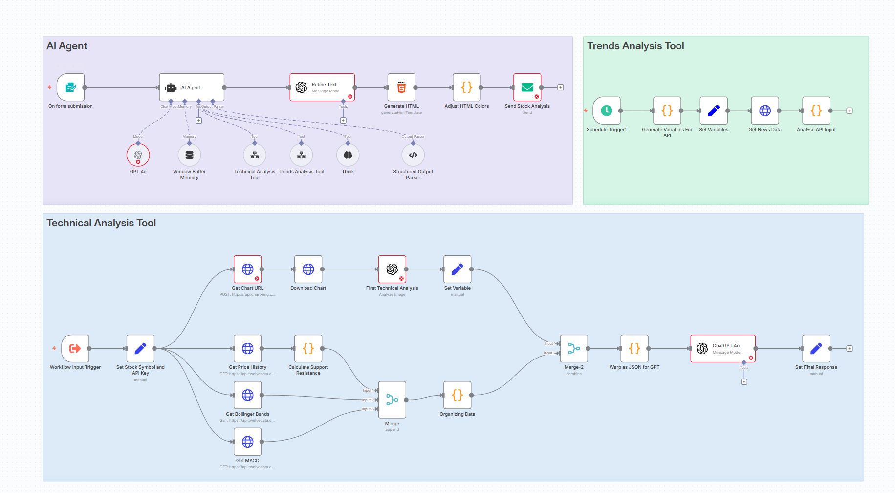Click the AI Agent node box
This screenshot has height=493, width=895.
pyautogui.click(x=192, y=88)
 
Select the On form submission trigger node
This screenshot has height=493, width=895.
pyautogui.click(x=71, y=88)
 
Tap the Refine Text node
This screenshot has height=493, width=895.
pyautogui.click(x=322, y=88)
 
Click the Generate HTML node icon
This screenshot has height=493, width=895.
pyautogui.click(x=401, y=88)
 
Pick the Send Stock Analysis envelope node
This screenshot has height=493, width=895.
pyautogui.click(x=527, y=88)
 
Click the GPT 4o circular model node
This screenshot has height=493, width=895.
pyautogui.click(x=138, y=155)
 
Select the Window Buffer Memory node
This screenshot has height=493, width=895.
pyautogui.click(x=189, y=155)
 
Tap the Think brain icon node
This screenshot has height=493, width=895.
pyautogui.click(x=348, y=155)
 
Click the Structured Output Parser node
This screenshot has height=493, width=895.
pyautogui.click(x=413, y=155)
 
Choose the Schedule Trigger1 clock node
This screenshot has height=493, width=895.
pyautogui.click(x=606, y=111)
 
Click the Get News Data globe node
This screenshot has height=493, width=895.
pyautogui.click(x=765, y=111)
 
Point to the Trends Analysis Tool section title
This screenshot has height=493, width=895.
pyautogui.click(x=635, y=46)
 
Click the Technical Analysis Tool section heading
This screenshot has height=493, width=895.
pyautogui.click(x=101, y=223)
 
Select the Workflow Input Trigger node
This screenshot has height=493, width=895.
pyautogui.click(x=75, y=349)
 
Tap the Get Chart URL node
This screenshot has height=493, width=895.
pyautogui.click(x=248, y=269)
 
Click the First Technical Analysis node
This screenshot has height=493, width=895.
pyautogui.click(x=392, y=269)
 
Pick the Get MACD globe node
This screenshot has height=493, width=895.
pyautogui.click(x=248, y=442)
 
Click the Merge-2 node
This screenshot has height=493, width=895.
pyautogui.click(x=574, y=349)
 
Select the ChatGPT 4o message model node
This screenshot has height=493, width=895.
pyautogui.click(x=723, y=349)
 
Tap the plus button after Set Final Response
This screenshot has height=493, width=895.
pyautogui.click(x=850, y=349)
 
